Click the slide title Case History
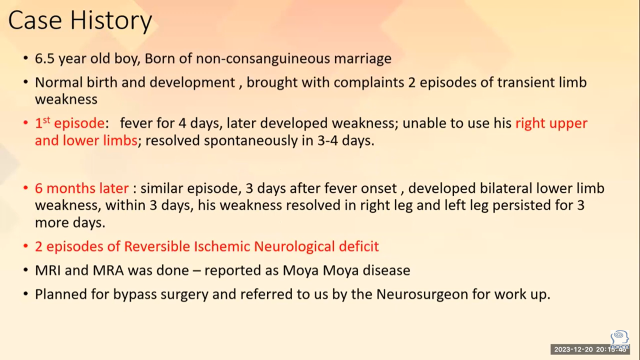point(80,20)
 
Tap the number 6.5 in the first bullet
point(45,58)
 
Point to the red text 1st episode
point(69,123)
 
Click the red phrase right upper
point(551,123)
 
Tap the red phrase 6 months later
point(81,188)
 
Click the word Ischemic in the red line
point(221,246)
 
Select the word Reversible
point(157,246)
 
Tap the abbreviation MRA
point(108,270)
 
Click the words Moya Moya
point(320,270)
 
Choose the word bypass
point(135,295)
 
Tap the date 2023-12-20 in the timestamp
point(573,349)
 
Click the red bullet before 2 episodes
point(25,246)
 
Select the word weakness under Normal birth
point(66,99)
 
